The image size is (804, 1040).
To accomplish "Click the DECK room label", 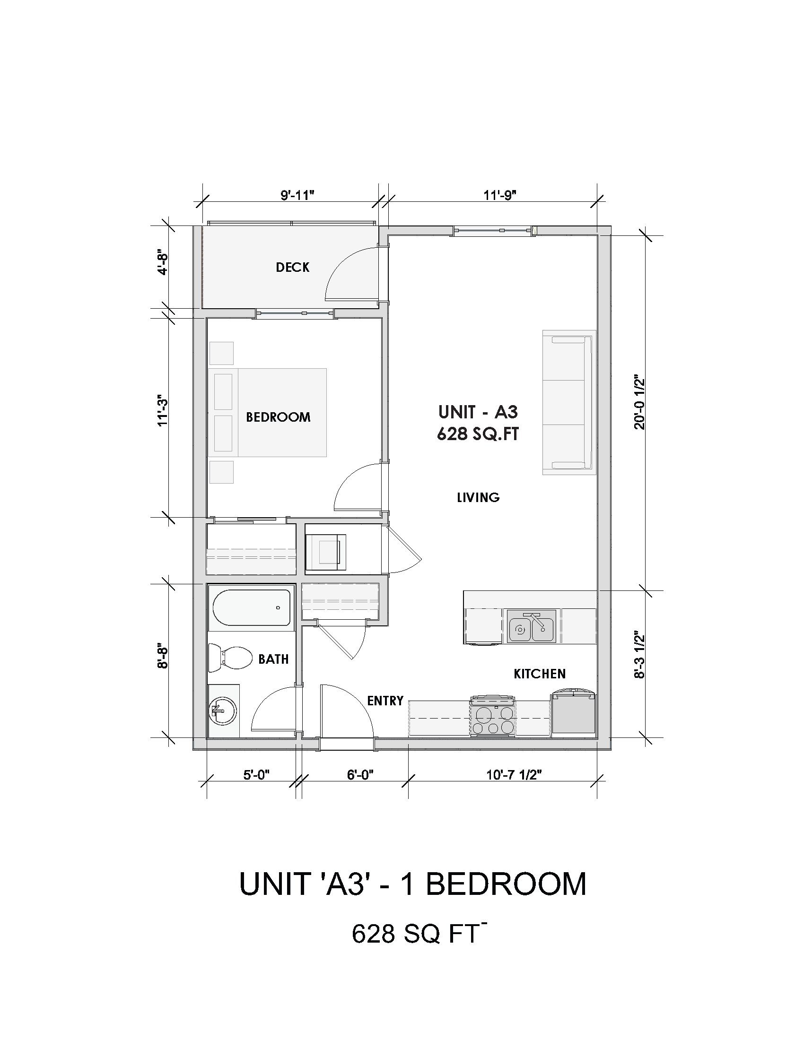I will click(292, 267).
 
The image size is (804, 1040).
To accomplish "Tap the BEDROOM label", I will click(278, 417).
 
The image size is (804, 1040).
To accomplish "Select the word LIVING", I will click(478, 497).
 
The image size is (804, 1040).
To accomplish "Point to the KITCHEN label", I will click(540, 674).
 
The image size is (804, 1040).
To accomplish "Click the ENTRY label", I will click(385, 701).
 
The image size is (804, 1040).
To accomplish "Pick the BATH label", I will click(273, 659).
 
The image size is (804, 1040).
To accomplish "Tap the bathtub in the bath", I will click(251, 607).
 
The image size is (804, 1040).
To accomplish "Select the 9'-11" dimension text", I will click(297, 195).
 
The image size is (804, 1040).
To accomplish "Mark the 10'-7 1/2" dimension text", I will click(515, 775).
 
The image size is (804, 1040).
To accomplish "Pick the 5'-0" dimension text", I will click(257, 775).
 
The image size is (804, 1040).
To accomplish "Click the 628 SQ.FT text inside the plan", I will click(478, 434).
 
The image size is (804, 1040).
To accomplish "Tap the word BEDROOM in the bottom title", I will click(506, 884).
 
